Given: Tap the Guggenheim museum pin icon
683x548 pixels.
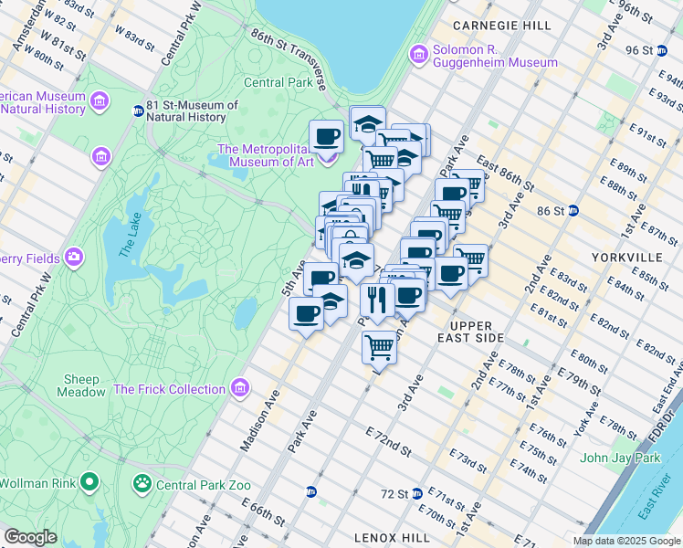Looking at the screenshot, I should tap(419, 55).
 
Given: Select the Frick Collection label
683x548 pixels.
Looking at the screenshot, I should tap(169, 389).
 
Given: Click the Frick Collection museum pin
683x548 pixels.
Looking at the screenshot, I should tap(240, 389).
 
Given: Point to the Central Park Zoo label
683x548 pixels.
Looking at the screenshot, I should tap(203, 484).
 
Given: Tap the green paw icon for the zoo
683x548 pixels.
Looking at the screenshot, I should tap(142, 483).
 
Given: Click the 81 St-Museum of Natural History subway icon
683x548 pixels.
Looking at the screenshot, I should tap(138, 111).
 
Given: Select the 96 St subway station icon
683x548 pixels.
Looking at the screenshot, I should tap(663, 49).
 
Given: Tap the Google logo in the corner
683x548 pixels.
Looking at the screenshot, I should tap(31, 538).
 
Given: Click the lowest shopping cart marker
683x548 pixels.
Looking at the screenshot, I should tap(379, 346).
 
